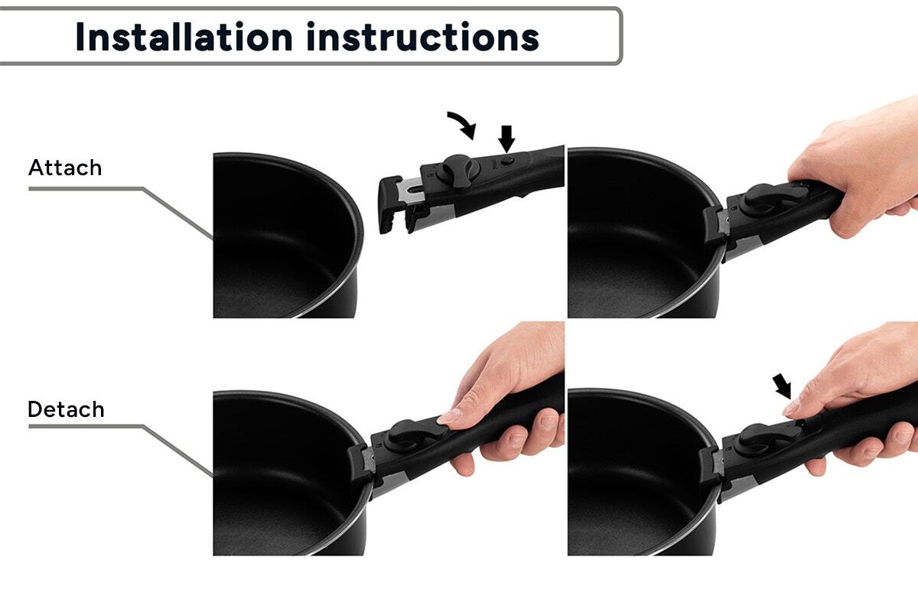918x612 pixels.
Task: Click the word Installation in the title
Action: tap(184, 37)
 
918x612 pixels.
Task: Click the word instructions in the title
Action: tap(422, 37)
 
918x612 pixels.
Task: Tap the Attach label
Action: tap(65, 168)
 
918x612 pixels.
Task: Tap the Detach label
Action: tap(66, 409)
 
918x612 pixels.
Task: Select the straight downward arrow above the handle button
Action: tap(506, 138)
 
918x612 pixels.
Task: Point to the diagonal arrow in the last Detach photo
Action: tap(782, 386)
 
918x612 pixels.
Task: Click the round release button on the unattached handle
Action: tap(508, 161)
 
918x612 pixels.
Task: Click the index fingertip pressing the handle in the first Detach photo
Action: tap(448, 417)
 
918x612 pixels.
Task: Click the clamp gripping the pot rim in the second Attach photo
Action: tap(716, 227)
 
